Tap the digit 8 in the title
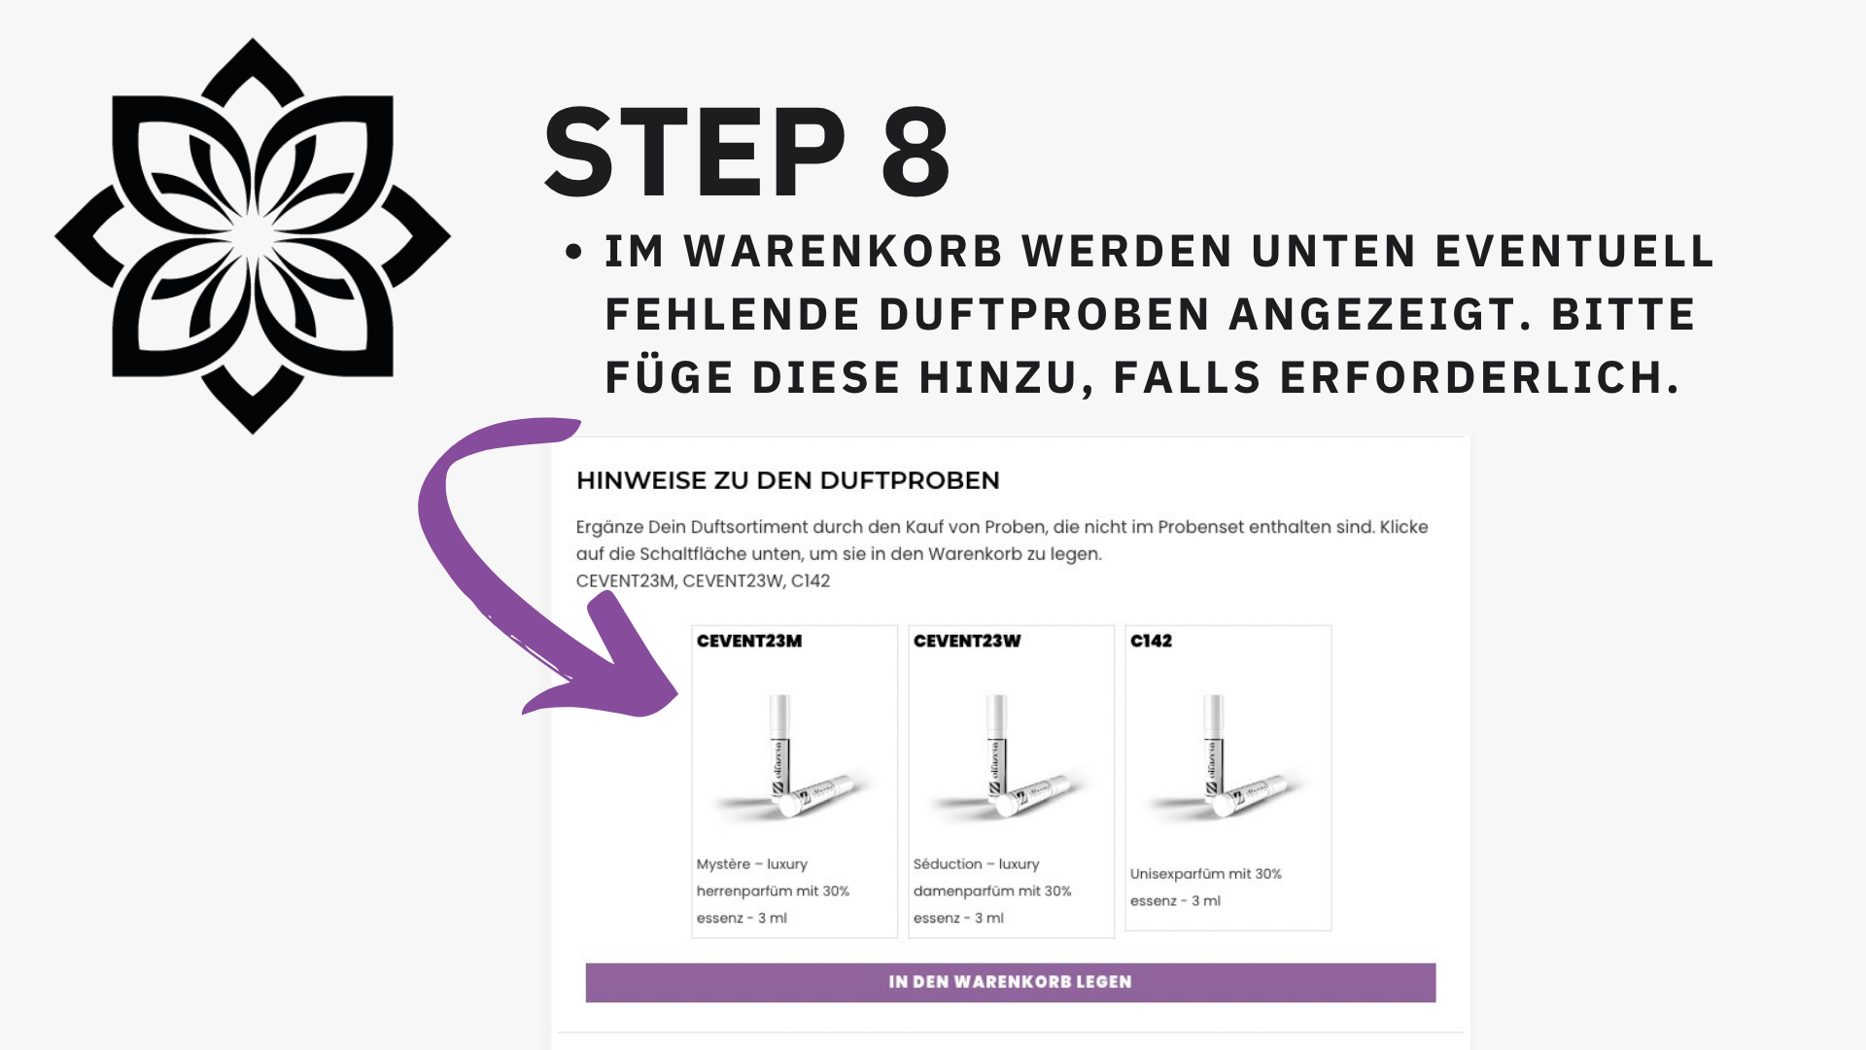tap(916, 153)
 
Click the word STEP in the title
tap(696, 153)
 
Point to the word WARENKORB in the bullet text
tap(844, 252)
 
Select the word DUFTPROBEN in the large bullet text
tap(1044, 315)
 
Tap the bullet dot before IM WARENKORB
tap(573, 252)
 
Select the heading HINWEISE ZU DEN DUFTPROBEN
tap(788, 480)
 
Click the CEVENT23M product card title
tap(749, 641)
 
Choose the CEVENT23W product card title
tap(967, 641)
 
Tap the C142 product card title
tap(1151, 641)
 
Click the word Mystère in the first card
tap(723, 864)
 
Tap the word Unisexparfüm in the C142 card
tap(1177, 874)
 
